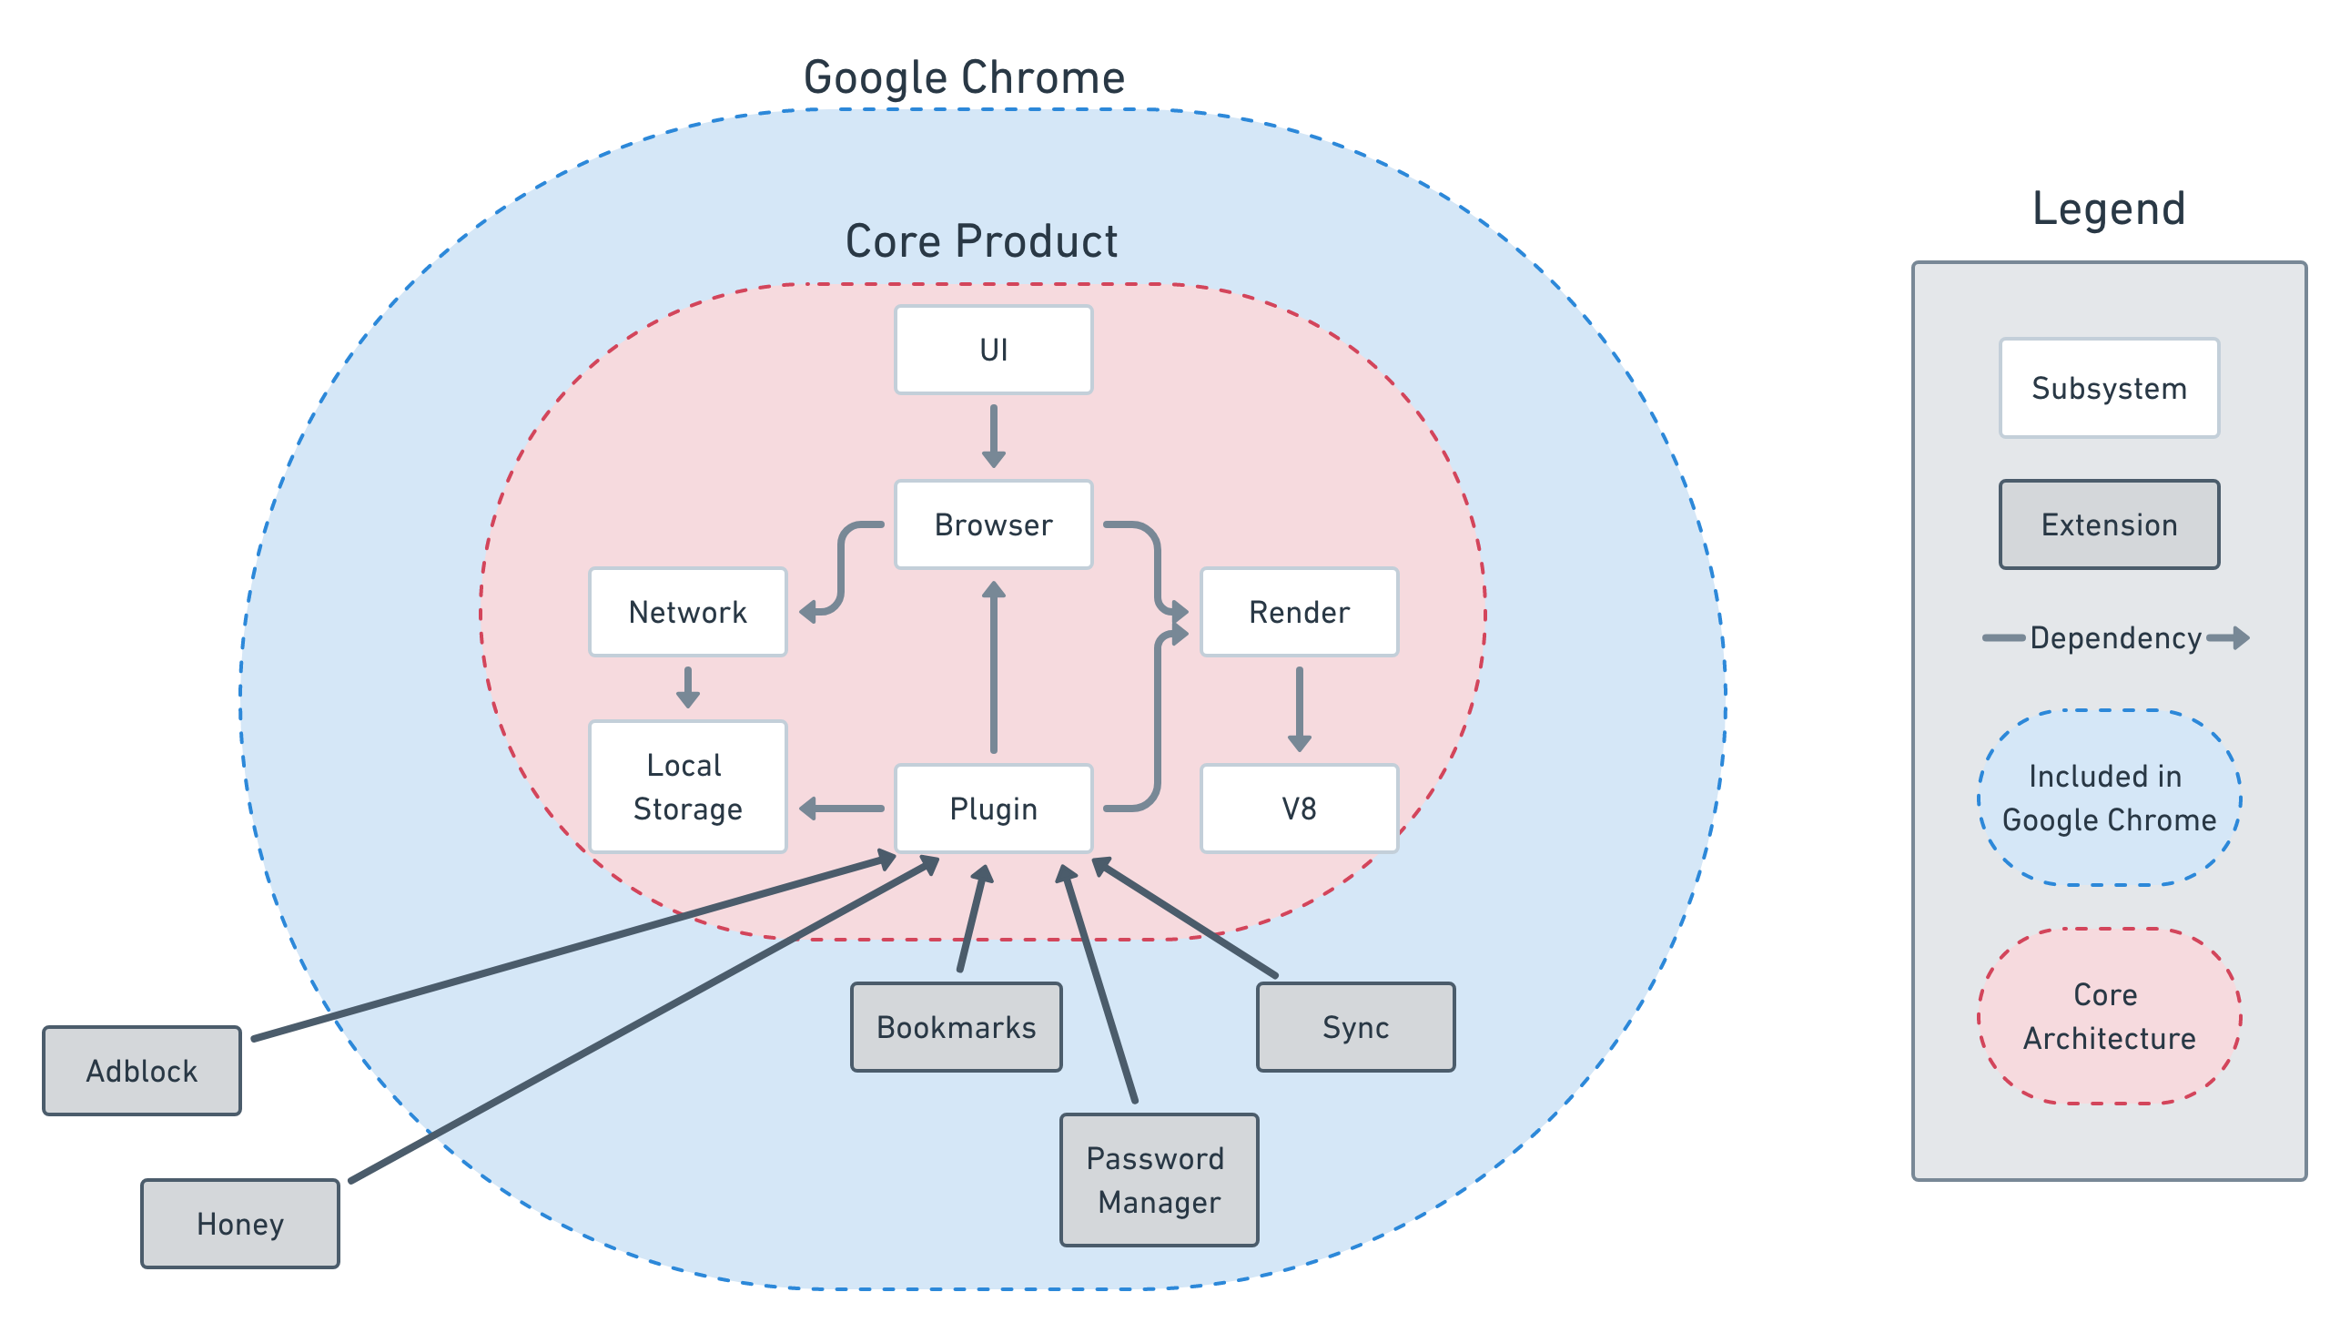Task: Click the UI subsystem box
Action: (993, 350)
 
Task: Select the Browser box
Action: (993, 524)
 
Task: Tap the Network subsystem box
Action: (687, 612)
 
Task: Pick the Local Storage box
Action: (687, 787)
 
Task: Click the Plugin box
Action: (993, 809)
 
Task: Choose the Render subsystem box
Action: (1299, 612)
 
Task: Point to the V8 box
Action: (1299, 809)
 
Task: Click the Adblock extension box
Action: (142, 1070)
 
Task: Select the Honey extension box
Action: (239, 1223)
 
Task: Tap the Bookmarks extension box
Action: (957, 1027)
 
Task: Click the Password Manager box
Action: (1159, 1180)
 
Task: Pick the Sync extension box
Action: (1355, 1027)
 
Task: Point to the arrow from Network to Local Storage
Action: (687, 687)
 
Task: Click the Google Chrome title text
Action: (964, 77)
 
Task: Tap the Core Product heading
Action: (981, 241)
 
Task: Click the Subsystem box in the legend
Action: (2109, 388)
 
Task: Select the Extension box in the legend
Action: (2109, 524)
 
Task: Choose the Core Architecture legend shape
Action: (2109, 1016)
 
